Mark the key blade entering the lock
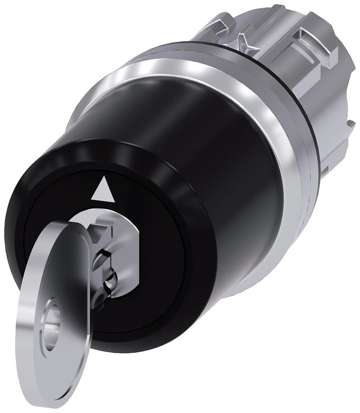[x=101, y=268]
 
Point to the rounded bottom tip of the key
[x=54, y=396]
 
